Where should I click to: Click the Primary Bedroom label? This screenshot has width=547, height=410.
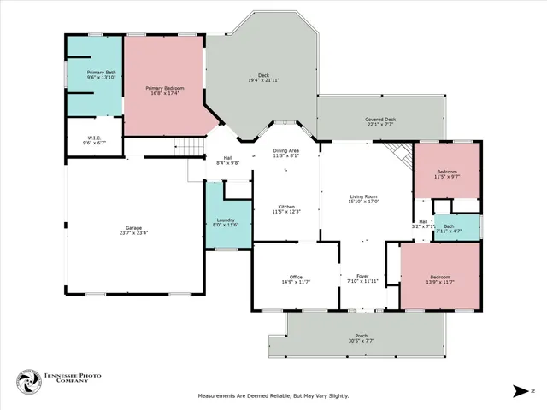165,87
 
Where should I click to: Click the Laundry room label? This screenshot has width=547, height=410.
226,220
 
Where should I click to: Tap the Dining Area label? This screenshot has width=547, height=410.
285,151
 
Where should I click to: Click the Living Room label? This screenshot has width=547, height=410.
363,196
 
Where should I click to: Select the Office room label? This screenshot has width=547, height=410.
296,277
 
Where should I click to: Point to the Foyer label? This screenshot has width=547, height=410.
362,277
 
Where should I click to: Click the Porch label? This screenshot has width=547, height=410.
362,336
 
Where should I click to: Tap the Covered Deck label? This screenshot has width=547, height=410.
380,120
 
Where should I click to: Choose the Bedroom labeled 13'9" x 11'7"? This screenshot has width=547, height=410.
440,277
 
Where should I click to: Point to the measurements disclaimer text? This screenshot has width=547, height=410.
273,395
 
